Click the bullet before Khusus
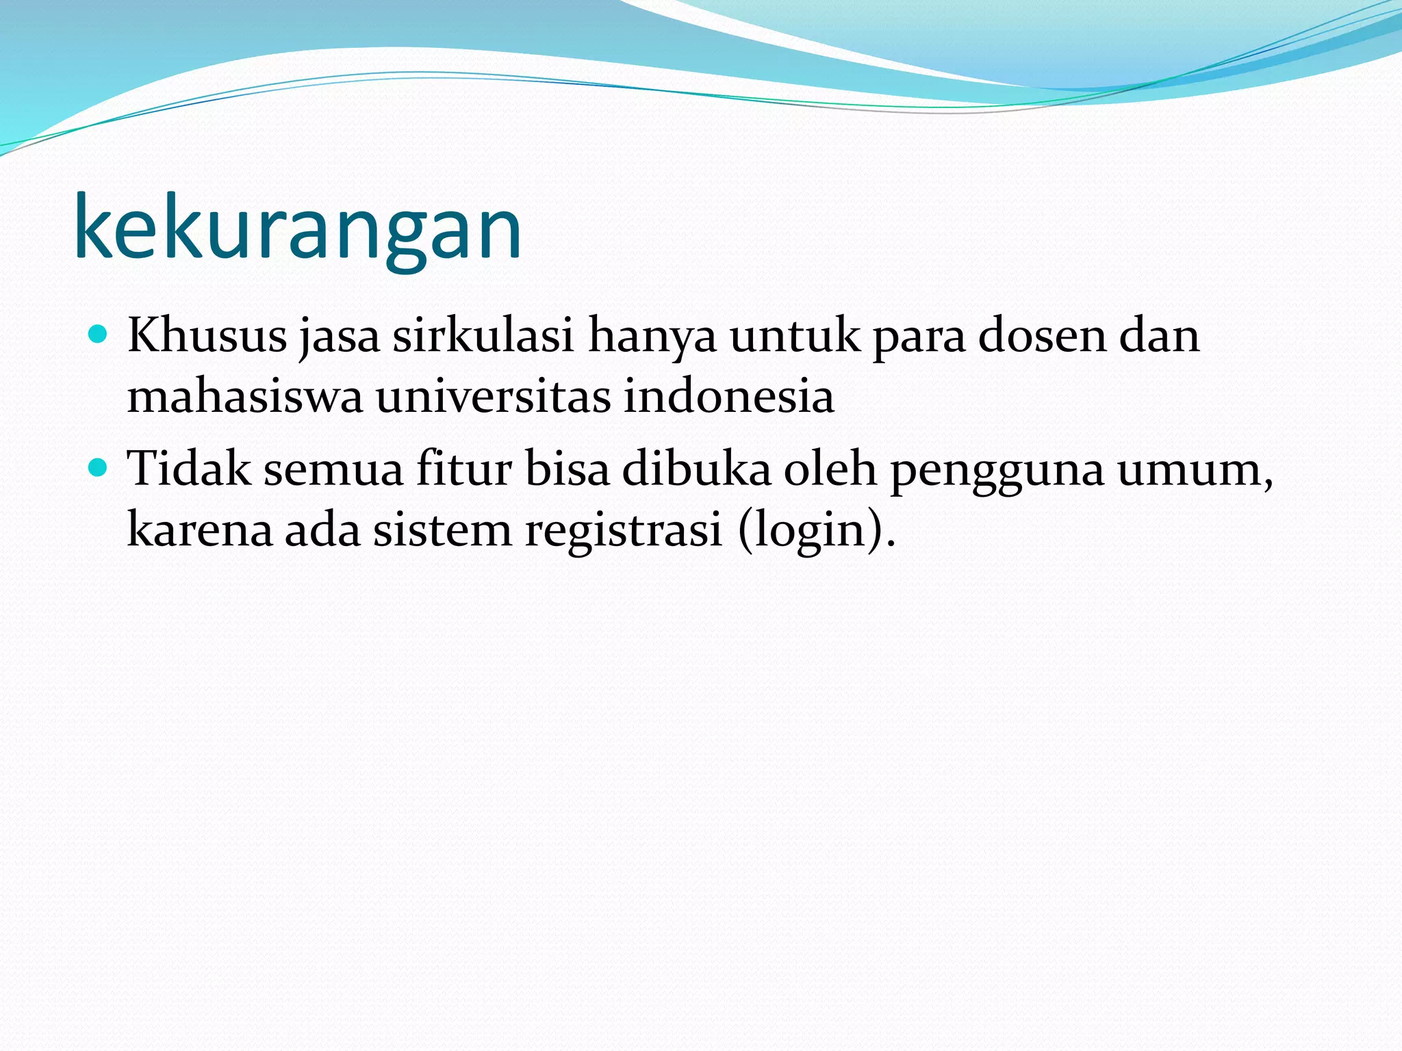99,335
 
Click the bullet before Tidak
99,468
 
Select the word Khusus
207,336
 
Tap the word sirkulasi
483,336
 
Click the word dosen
1041,336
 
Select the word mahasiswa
244,396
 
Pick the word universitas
493,396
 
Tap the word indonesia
728,396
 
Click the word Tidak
189,469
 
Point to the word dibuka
696,469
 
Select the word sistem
442,530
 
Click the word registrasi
623,531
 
